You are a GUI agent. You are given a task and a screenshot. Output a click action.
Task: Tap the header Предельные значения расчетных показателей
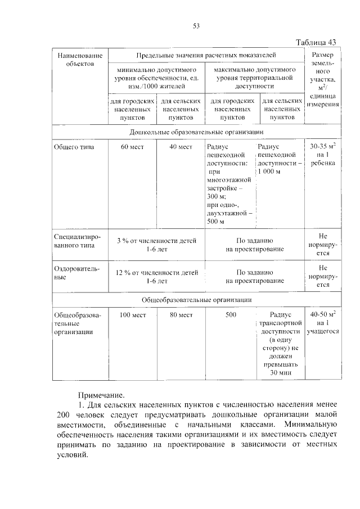[206, 55]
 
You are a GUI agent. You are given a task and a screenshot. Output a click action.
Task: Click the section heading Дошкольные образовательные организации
[196, 130]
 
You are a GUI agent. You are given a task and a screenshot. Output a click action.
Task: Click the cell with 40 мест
[181, 147]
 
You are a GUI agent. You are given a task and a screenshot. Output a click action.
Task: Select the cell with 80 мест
[181, 315]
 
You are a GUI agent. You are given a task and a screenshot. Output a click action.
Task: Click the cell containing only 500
[231, 315]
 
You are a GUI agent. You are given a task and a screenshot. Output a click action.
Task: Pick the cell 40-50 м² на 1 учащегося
[322, 322]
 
